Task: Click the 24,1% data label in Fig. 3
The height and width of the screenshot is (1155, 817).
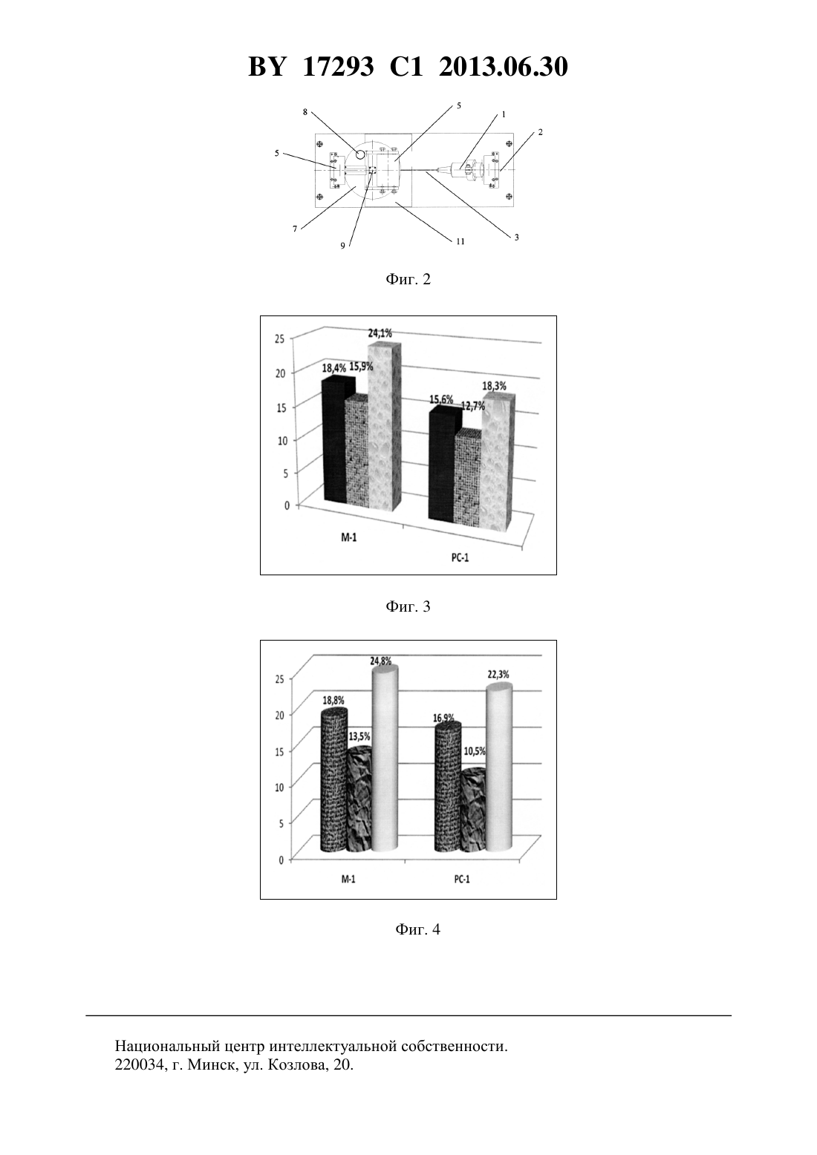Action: [380, 333]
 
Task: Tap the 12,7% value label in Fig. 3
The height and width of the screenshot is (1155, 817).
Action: [473, 406]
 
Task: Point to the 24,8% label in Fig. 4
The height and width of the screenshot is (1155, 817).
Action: [380, 661]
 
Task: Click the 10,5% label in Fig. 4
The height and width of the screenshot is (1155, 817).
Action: [474, 751]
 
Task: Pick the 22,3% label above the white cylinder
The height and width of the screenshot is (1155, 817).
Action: [498, 674]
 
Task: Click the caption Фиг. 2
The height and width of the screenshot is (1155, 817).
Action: [408, 279]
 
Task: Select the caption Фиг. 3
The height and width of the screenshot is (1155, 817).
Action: [408, 606]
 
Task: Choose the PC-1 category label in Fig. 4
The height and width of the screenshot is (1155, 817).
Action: [462, 879]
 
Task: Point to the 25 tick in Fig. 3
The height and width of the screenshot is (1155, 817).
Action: [280, 338]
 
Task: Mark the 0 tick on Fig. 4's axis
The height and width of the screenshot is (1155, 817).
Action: [281, 860]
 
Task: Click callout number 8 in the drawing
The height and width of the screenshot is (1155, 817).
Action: [305, 112]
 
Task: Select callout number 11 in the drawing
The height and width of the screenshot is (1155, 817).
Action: [460, 241]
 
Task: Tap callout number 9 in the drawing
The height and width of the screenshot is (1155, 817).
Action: [342, 246]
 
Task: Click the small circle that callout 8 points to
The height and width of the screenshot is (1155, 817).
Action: [360, 154]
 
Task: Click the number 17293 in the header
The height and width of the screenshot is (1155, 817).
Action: [339, 67]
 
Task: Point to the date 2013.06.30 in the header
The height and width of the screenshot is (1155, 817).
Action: [504, 67]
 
